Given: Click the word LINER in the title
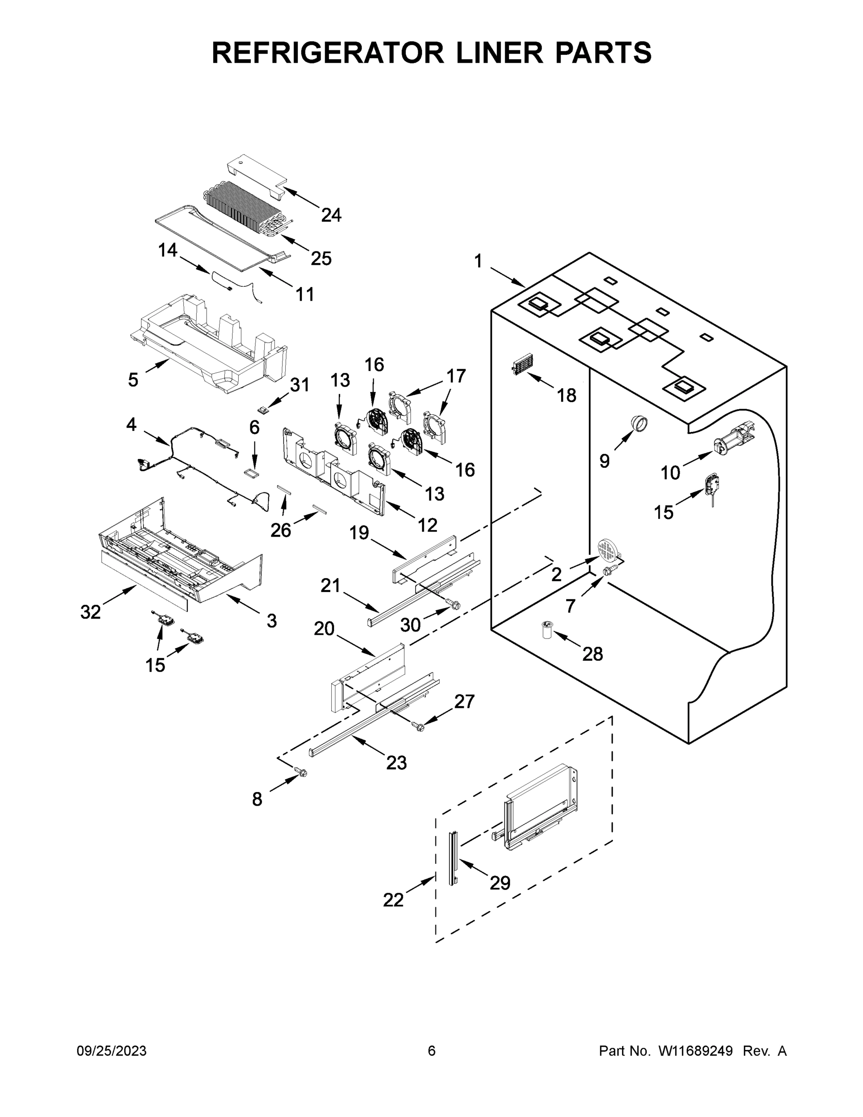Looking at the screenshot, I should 490,52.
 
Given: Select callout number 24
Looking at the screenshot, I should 331,215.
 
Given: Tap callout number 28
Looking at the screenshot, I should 593,653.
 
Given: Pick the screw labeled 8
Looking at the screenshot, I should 301,772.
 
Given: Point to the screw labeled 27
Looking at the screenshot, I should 417,725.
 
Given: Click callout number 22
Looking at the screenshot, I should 393,900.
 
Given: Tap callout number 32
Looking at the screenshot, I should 91,612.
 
